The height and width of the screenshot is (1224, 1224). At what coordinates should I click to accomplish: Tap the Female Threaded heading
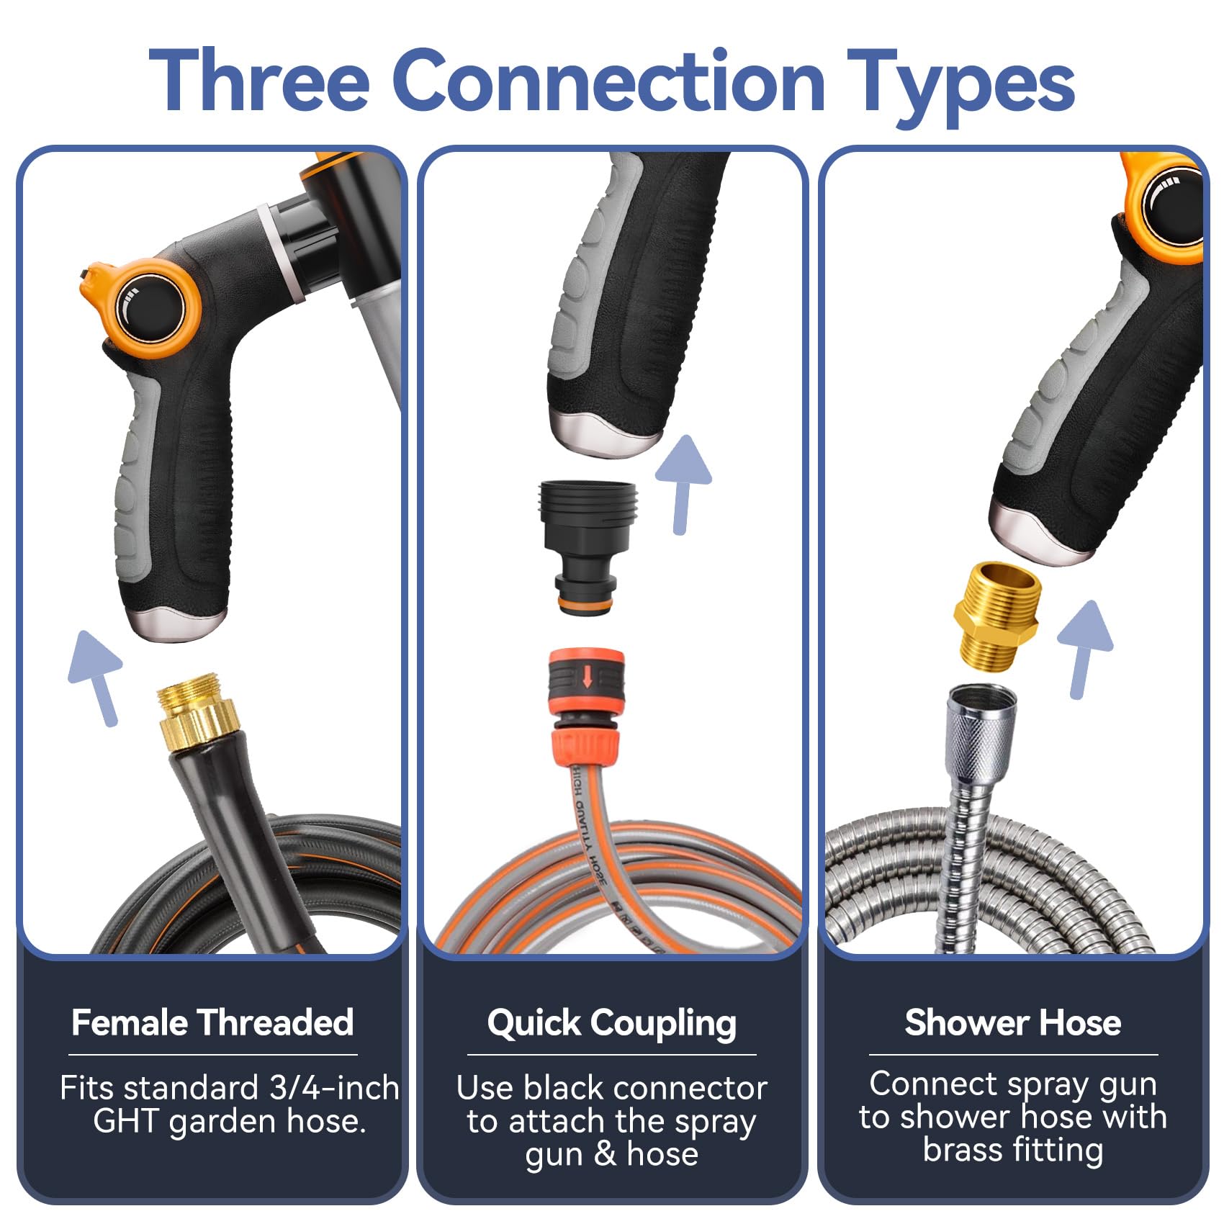212,1022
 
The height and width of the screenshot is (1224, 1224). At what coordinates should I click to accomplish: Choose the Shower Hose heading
1012,1022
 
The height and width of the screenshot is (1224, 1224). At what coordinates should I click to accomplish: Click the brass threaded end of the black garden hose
197,711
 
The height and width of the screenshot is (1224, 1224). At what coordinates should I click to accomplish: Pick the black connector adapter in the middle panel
586,547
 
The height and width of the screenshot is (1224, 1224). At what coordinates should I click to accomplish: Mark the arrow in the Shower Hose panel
1084,649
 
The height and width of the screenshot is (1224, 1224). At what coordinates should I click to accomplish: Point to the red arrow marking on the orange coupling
588,677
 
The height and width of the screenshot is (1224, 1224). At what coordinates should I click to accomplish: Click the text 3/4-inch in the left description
335,1087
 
